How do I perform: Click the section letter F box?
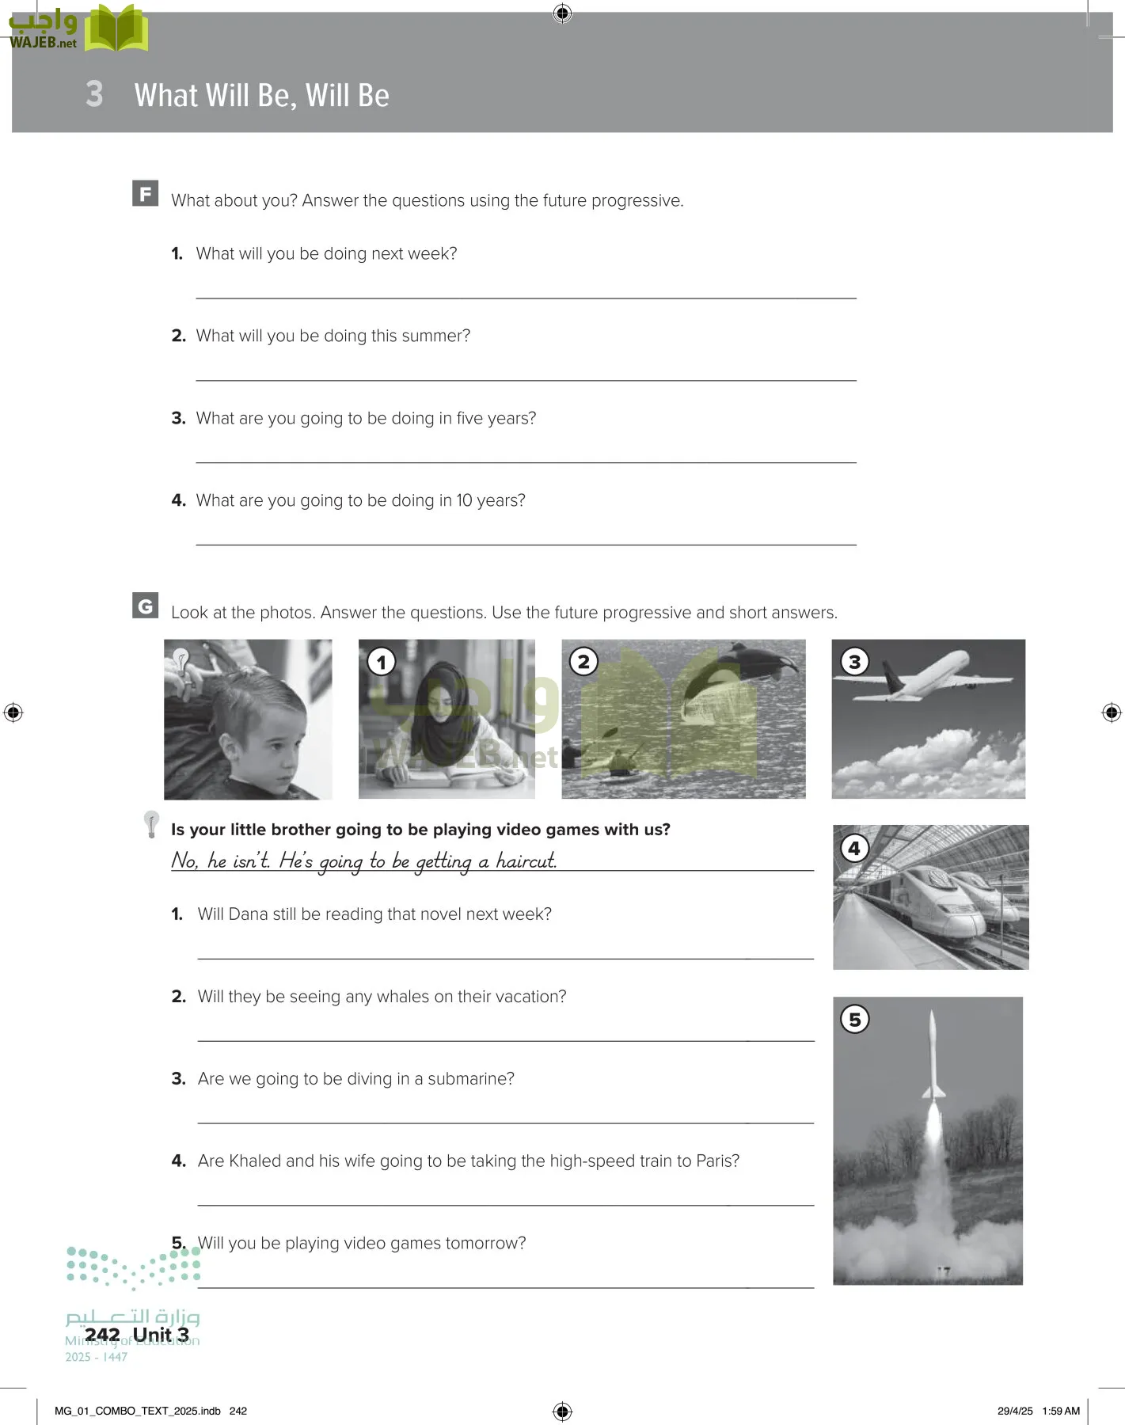coord(145,193)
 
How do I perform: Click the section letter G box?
coord(145,606)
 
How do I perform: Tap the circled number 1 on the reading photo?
coord(382,662)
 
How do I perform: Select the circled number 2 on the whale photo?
coord(583,661)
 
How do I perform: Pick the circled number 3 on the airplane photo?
coord(854,661)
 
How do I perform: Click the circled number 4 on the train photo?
coord(854,848)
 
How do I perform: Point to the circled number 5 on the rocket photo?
coord(854,1019)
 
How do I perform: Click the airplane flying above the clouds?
coord(931,676)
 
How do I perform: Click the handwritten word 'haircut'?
coord(526,861)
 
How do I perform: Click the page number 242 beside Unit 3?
coord(102,1335)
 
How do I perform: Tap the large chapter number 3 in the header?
coord(94,94)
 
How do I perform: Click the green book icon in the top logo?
coord(116,29)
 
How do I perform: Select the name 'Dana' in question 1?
coord(248,914)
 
